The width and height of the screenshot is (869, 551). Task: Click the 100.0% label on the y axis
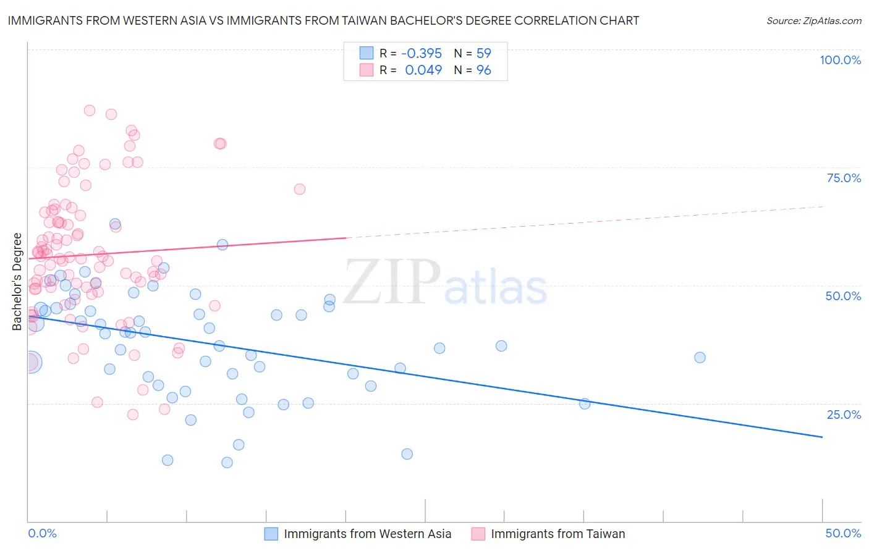840,60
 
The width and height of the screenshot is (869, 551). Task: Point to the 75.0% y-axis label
844,178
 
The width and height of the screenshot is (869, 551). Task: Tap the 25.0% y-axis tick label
844,414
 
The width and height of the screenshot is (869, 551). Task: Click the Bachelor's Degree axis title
17,282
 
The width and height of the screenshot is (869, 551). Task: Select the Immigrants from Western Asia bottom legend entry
367,534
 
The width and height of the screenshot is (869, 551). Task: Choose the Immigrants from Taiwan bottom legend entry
557,534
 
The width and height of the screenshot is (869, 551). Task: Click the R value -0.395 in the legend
422,54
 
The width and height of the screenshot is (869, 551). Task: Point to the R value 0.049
423,70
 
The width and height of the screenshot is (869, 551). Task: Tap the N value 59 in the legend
483,54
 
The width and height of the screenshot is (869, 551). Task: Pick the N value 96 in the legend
483,70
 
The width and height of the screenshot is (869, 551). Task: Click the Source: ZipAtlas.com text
813,21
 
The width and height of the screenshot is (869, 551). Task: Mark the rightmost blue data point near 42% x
700,358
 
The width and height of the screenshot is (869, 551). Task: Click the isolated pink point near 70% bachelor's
300,189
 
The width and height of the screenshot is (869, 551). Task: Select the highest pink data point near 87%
90,111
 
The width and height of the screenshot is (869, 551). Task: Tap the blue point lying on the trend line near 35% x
585,404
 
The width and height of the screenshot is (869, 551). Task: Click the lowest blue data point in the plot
227,463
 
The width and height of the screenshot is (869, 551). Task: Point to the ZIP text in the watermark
392,282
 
